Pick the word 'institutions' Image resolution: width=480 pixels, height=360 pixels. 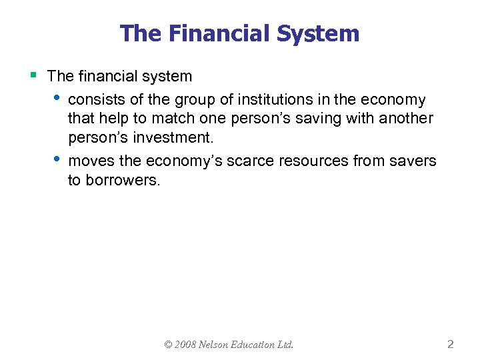click(271, 100)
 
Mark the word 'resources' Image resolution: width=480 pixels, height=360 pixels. click(305, 161)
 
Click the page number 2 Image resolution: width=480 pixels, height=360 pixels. click(451, 345)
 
